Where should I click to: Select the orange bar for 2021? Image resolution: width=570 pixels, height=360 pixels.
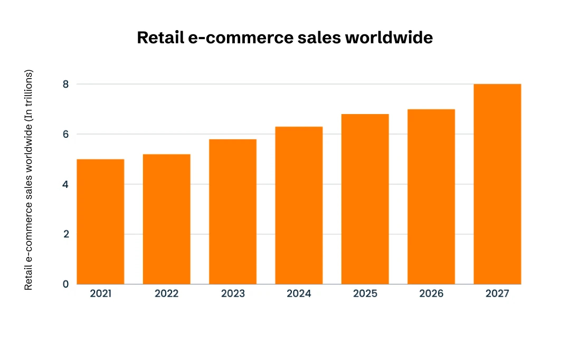coord(100,222)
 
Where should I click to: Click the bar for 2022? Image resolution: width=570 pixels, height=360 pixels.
coord(166,219)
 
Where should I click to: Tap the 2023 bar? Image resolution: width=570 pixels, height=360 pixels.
coord(233,212)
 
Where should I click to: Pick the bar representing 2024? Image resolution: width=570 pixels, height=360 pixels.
coord(299,205)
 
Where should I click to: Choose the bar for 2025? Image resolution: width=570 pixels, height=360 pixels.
coord(365,199)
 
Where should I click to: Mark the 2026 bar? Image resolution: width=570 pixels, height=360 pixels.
coord(431,196)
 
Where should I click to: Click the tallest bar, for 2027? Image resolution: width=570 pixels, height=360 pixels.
coord(497,184)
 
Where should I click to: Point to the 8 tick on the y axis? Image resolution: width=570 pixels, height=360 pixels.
coord(65,84)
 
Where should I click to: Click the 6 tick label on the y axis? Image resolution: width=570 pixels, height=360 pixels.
coord(65,134)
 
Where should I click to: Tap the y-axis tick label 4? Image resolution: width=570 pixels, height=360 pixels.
coord(65,184)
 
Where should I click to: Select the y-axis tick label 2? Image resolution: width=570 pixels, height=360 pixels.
coord(65,234)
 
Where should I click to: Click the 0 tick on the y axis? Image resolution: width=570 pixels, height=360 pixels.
coord(65,284)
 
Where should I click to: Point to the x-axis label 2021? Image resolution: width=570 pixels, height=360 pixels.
coord(100,294)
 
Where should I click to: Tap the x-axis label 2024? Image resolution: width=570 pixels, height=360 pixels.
coord(299,294)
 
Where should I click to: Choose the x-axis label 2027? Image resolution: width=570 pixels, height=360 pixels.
coord(497,294)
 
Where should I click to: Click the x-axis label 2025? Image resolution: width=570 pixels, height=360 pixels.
coord(365,294)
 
